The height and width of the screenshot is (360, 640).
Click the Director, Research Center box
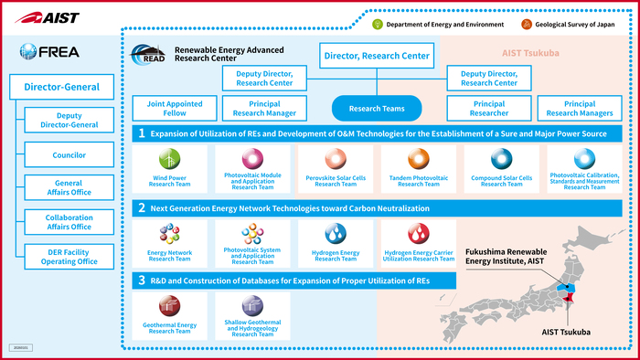(377, 57)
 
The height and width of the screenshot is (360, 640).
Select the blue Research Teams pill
(376, 108)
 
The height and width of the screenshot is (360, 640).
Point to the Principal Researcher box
(489, 108)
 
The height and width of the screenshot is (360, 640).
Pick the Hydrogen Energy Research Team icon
(336, 235)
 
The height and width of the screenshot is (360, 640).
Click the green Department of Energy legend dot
(377, 24)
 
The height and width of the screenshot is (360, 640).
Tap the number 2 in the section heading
(142, 208)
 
